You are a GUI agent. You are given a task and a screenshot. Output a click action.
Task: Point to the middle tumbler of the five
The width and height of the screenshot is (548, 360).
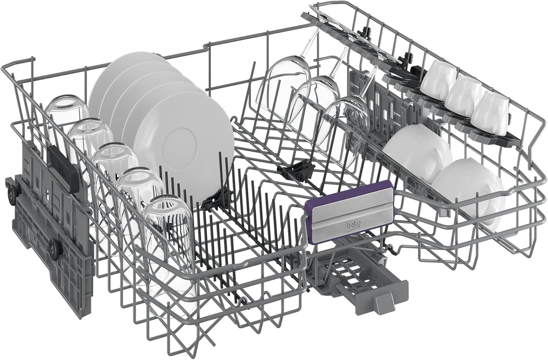click(x=115, y=167)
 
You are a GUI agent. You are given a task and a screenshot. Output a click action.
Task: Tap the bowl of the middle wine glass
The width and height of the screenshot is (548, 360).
click(x=316, y=105)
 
